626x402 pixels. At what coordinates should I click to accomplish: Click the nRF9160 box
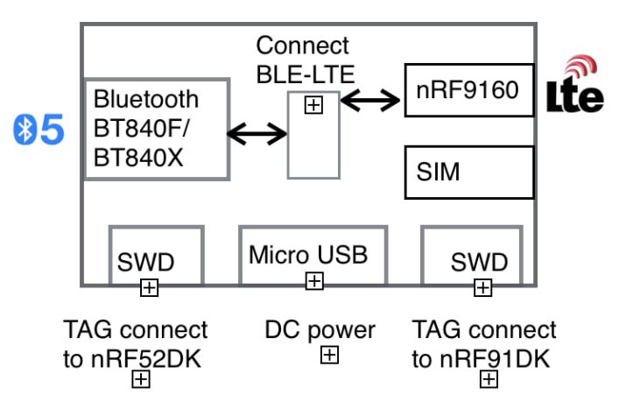468,89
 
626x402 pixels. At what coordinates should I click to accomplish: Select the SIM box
468,172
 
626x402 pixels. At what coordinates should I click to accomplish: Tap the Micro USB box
313,255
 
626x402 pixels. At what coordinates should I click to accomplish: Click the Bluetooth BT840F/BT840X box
156,130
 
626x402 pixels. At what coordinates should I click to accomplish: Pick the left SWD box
156,256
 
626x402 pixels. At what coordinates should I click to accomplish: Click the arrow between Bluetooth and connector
257,134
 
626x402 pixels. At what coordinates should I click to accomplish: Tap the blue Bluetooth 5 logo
40,130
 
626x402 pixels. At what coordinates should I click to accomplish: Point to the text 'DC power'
320,330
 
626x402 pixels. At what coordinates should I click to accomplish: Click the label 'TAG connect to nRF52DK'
135,342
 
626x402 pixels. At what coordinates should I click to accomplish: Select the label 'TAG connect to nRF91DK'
483,342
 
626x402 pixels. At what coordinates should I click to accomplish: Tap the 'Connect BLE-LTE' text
302,60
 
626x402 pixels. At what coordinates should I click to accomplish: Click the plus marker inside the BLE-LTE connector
313,105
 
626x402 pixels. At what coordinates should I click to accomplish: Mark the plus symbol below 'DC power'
329,355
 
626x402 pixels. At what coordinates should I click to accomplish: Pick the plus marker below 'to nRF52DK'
140,379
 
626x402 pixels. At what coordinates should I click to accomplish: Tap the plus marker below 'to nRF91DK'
489,379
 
